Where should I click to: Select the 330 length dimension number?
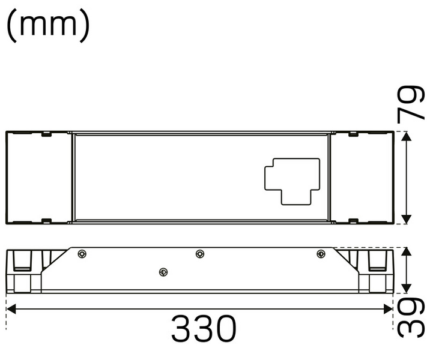pos(204,329)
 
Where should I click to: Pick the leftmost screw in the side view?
pos(82,254)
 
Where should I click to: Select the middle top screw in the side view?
pos(200,254)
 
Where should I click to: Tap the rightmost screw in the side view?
pos(320,254)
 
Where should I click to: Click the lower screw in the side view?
pos(162,272)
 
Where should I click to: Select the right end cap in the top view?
pos(362,178)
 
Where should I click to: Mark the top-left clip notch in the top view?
pos(46,135)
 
